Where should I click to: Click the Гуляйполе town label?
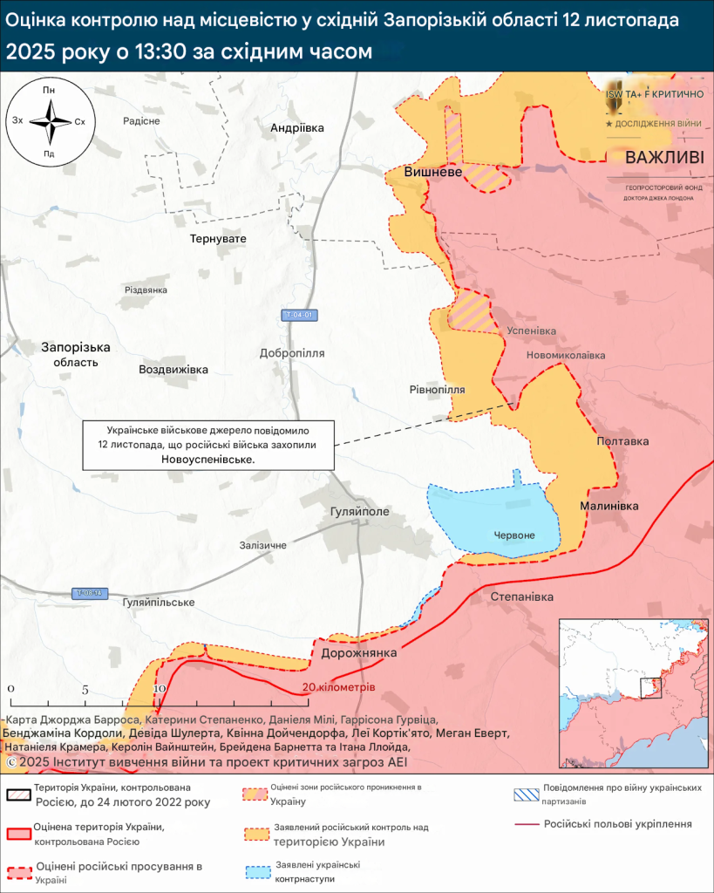point(360,511)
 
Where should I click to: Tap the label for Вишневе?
point(433,173)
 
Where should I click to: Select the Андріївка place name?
point(297,127)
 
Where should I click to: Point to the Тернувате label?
point(219,238)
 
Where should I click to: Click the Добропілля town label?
point(292,353)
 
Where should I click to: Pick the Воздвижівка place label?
point(173,369)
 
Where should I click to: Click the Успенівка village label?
point(531,331)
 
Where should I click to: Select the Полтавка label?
point(622,441)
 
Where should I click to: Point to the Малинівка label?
point(609,506)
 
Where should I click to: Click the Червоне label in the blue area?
point(514,535)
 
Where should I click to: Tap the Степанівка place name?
point(522,596)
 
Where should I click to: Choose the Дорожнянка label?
point(359,652)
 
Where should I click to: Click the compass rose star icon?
point(50,121)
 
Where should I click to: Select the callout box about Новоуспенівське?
point(207,445)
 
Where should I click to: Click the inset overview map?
point(633,694)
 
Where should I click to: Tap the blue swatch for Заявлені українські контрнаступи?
point(256,871)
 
